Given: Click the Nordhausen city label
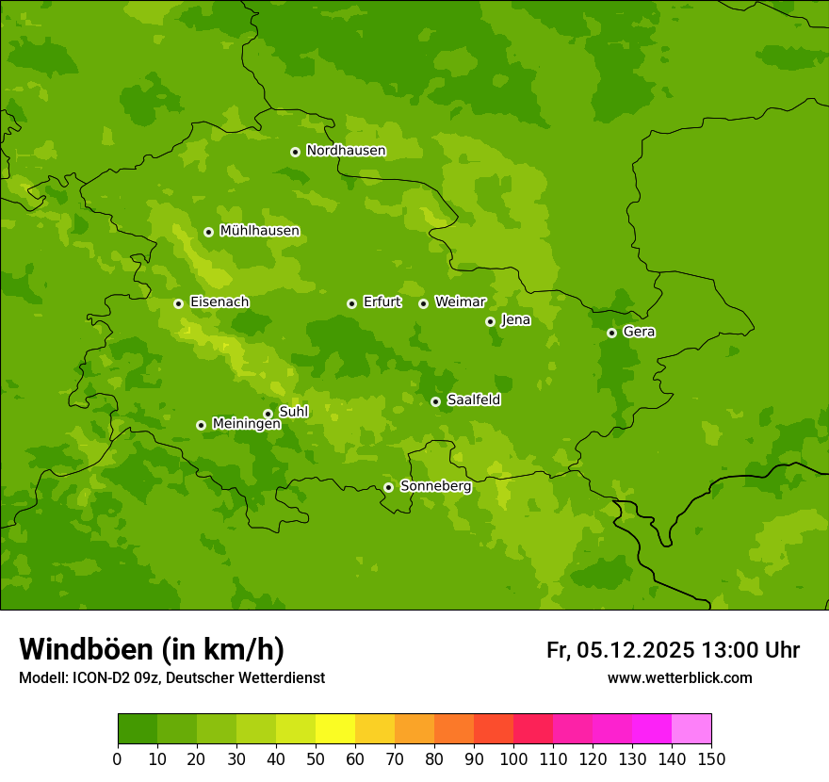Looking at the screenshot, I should (346, 151).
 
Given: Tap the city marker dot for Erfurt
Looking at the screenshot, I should (351, 303).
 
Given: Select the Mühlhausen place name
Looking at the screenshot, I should (259, 231).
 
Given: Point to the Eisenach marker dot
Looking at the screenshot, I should (178, 303).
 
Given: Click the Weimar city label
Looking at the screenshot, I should (460, 302).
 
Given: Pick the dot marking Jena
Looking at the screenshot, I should (490, 321).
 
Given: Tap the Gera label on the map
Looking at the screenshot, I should (639, 332).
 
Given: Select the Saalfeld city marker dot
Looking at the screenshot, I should (435, 401).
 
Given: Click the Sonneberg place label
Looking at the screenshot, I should (435, 486).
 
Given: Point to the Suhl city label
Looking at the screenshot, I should (293, 412).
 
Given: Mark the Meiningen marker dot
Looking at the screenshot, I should (201, 425).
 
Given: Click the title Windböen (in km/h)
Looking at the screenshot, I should (152, 649).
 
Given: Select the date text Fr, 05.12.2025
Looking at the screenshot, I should (620, 650).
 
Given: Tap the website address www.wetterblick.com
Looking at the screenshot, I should (679, 677).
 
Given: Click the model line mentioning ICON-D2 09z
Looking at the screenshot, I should (171, 677).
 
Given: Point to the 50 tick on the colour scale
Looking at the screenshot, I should (316, 758).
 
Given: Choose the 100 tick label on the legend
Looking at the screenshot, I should (513, 758).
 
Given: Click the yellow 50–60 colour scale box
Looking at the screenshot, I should (335, 729).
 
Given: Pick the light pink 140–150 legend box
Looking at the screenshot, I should (691, 729).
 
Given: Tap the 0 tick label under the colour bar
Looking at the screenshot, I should (118, 758).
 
